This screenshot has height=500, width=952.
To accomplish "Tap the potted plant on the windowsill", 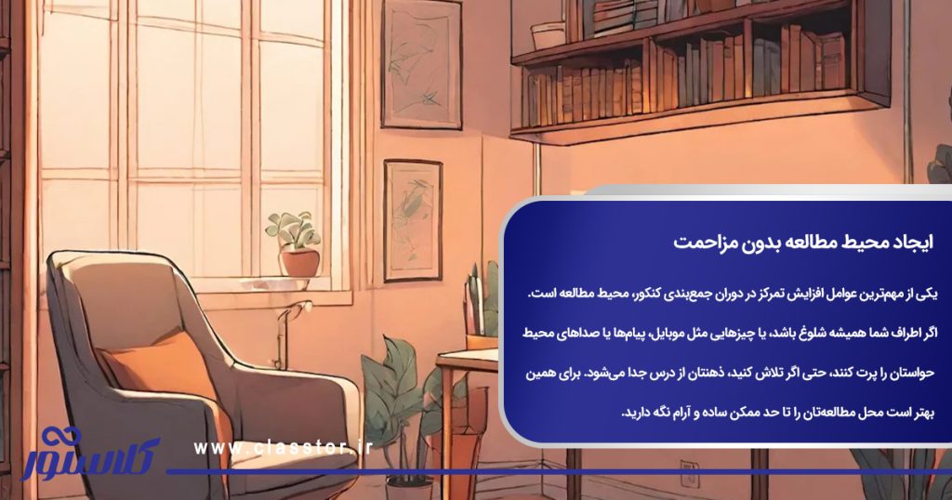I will (x=295, y=245).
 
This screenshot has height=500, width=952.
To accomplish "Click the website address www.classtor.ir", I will (x=283, y=449).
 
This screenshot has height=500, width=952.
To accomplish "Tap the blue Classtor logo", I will (x=88, y=451).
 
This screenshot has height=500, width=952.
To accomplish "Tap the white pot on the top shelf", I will (x=549, y=35).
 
